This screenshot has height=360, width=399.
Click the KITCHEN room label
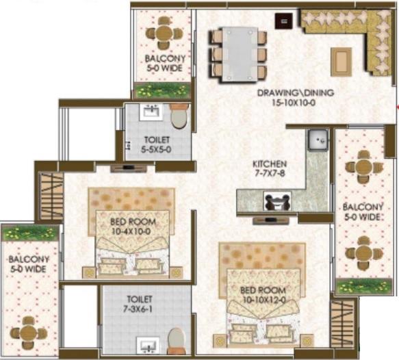click(270, 164)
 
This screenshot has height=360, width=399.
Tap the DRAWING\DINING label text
click(296, 92)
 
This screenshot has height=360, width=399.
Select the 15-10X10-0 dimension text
click(294, 103)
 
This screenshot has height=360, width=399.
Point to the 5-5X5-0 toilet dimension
click(156, 150)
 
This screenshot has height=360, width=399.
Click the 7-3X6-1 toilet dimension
click(138, 309)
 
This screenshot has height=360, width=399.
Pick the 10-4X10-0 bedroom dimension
click(131, 231)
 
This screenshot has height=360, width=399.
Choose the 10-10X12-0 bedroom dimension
click(264, 300)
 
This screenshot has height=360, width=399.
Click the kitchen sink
click(318, 140)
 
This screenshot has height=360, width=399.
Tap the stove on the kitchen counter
click(277, 201)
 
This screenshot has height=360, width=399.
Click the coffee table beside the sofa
click(341, 62)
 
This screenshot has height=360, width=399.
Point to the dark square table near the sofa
click(284, 21)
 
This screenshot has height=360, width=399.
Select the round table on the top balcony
click(164, 33)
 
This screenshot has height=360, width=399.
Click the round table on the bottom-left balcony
click(29, 333)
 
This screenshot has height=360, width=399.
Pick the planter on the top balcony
click(162, 90)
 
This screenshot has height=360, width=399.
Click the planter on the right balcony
click(364, 286)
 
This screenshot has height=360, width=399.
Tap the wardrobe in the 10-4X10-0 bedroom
click(51, 196)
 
